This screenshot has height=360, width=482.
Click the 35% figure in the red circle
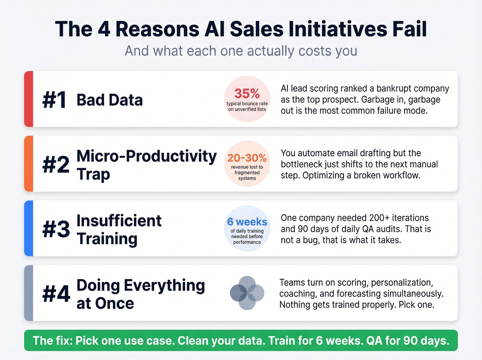[247, 93]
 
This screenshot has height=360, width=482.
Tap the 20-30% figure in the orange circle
[247, 158]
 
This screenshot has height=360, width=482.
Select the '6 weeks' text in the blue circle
[247, 222]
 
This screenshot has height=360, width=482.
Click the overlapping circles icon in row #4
[247, 293]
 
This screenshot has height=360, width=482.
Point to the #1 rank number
[54, 100]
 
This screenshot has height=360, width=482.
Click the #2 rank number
[55, 165]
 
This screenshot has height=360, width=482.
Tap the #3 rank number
[56, 229]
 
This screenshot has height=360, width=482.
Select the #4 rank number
[56, 294]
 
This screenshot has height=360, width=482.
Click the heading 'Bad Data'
[109, 100]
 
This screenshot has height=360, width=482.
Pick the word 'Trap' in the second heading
[93, 174]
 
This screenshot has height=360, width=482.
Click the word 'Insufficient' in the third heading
[119, 221]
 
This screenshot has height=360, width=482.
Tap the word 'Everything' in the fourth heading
[164, 286]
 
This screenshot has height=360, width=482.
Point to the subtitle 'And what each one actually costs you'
[241, 51]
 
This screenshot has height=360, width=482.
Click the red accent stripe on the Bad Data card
[29, 99]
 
